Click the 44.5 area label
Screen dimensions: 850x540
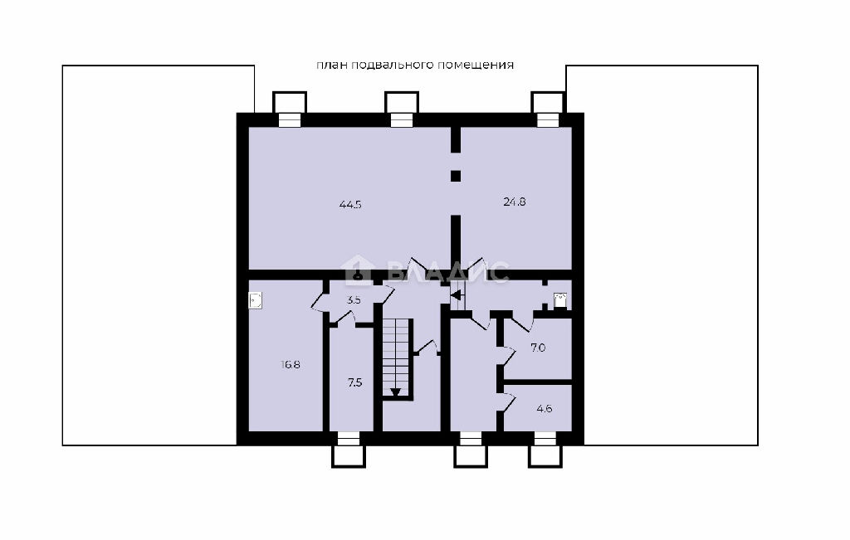point(350,205)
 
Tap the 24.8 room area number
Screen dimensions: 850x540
point(515,202)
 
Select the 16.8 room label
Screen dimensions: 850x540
point(291,364)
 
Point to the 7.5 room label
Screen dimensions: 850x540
point(354,383)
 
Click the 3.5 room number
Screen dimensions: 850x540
point(354,299)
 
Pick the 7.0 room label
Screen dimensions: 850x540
point(538,348)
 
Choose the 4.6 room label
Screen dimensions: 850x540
point(545,409)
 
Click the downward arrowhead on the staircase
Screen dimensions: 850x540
point(395,392)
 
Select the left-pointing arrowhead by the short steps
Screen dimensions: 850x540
point(456,295)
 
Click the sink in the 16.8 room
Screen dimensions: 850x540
point(256,300)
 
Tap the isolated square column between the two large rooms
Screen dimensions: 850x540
point(456,176)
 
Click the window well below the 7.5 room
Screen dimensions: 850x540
point(349,450)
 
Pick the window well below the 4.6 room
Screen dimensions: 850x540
point(545,450)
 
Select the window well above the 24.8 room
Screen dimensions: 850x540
point(548,109)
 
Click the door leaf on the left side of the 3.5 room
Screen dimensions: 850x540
point(320,301)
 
